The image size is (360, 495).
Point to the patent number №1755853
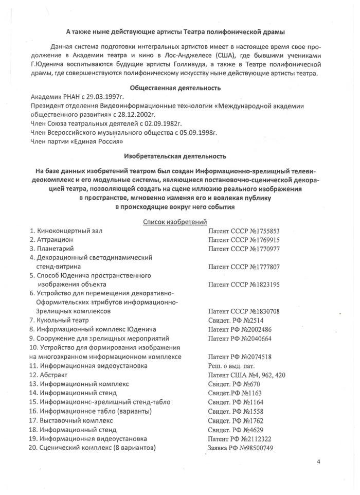click(264, 231)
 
